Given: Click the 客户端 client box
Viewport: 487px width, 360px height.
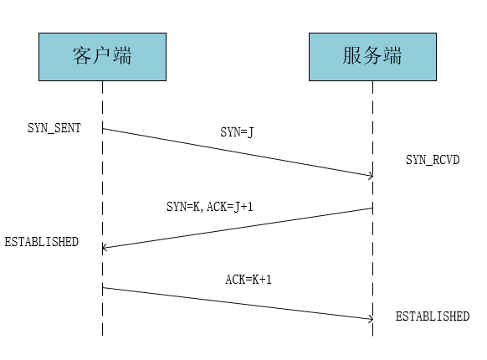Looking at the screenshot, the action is point(102,57).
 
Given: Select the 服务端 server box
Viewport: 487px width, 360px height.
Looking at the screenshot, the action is point(372,57).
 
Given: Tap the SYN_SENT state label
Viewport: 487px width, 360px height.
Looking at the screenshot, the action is point(54,128).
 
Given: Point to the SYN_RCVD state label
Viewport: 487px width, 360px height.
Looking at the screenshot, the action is point(433,160).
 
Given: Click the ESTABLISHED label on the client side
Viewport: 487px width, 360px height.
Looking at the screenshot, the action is point(41,242).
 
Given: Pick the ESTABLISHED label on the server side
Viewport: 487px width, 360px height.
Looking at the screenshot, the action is point(433,316).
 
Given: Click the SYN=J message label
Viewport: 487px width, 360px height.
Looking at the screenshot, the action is point(237,132).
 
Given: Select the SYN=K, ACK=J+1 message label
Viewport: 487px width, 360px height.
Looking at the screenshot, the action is point(210,207).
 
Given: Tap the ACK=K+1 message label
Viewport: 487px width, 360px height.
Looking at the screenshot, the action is point(249,279).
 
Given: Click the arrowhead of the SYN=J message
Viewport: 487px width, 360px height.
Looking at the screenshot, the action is point(372,176).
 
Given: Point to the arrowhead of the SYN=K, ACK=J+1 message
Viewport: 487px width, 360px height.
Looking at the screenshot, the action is point(104,248).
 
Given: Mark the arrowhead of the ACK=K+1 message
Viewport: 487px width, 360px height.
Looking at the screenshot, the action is point(372,319).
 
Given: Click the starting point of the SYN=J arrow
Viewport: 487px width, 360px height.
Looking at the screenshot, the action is point(102,128).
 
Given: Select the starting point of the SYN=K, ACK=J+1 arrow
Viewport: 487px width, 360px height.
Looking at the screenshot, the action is point(372,208).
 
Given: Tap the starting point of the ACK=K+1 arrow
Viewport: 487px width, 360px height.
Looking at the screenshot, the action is point(102,288).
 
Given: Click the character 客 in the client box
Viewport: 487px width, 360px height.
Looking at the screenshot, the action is point(82,56).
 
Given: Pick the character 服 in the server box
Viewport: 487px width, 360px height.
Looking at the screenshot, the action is point(352,56).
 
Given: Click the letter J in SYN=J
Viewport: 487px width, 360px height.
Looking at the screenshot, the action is point(250,132).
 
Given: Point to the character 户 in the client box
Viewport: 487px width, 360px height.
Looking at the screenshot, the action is point(102,56).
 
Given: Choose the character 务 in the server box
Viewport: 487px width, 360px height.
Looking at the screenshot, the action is point(372,56).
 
